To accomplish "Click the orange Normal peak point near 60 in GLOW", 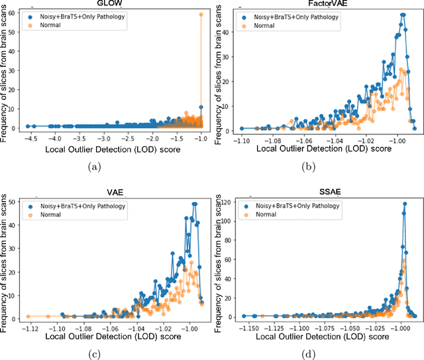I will click(201, 14).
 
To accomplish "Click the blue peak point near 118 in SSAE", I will click(404, 204).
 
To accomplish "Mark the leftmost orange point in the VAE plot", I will click(28, 316).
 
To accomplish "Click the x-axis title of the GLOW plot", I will click(109, 150).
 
